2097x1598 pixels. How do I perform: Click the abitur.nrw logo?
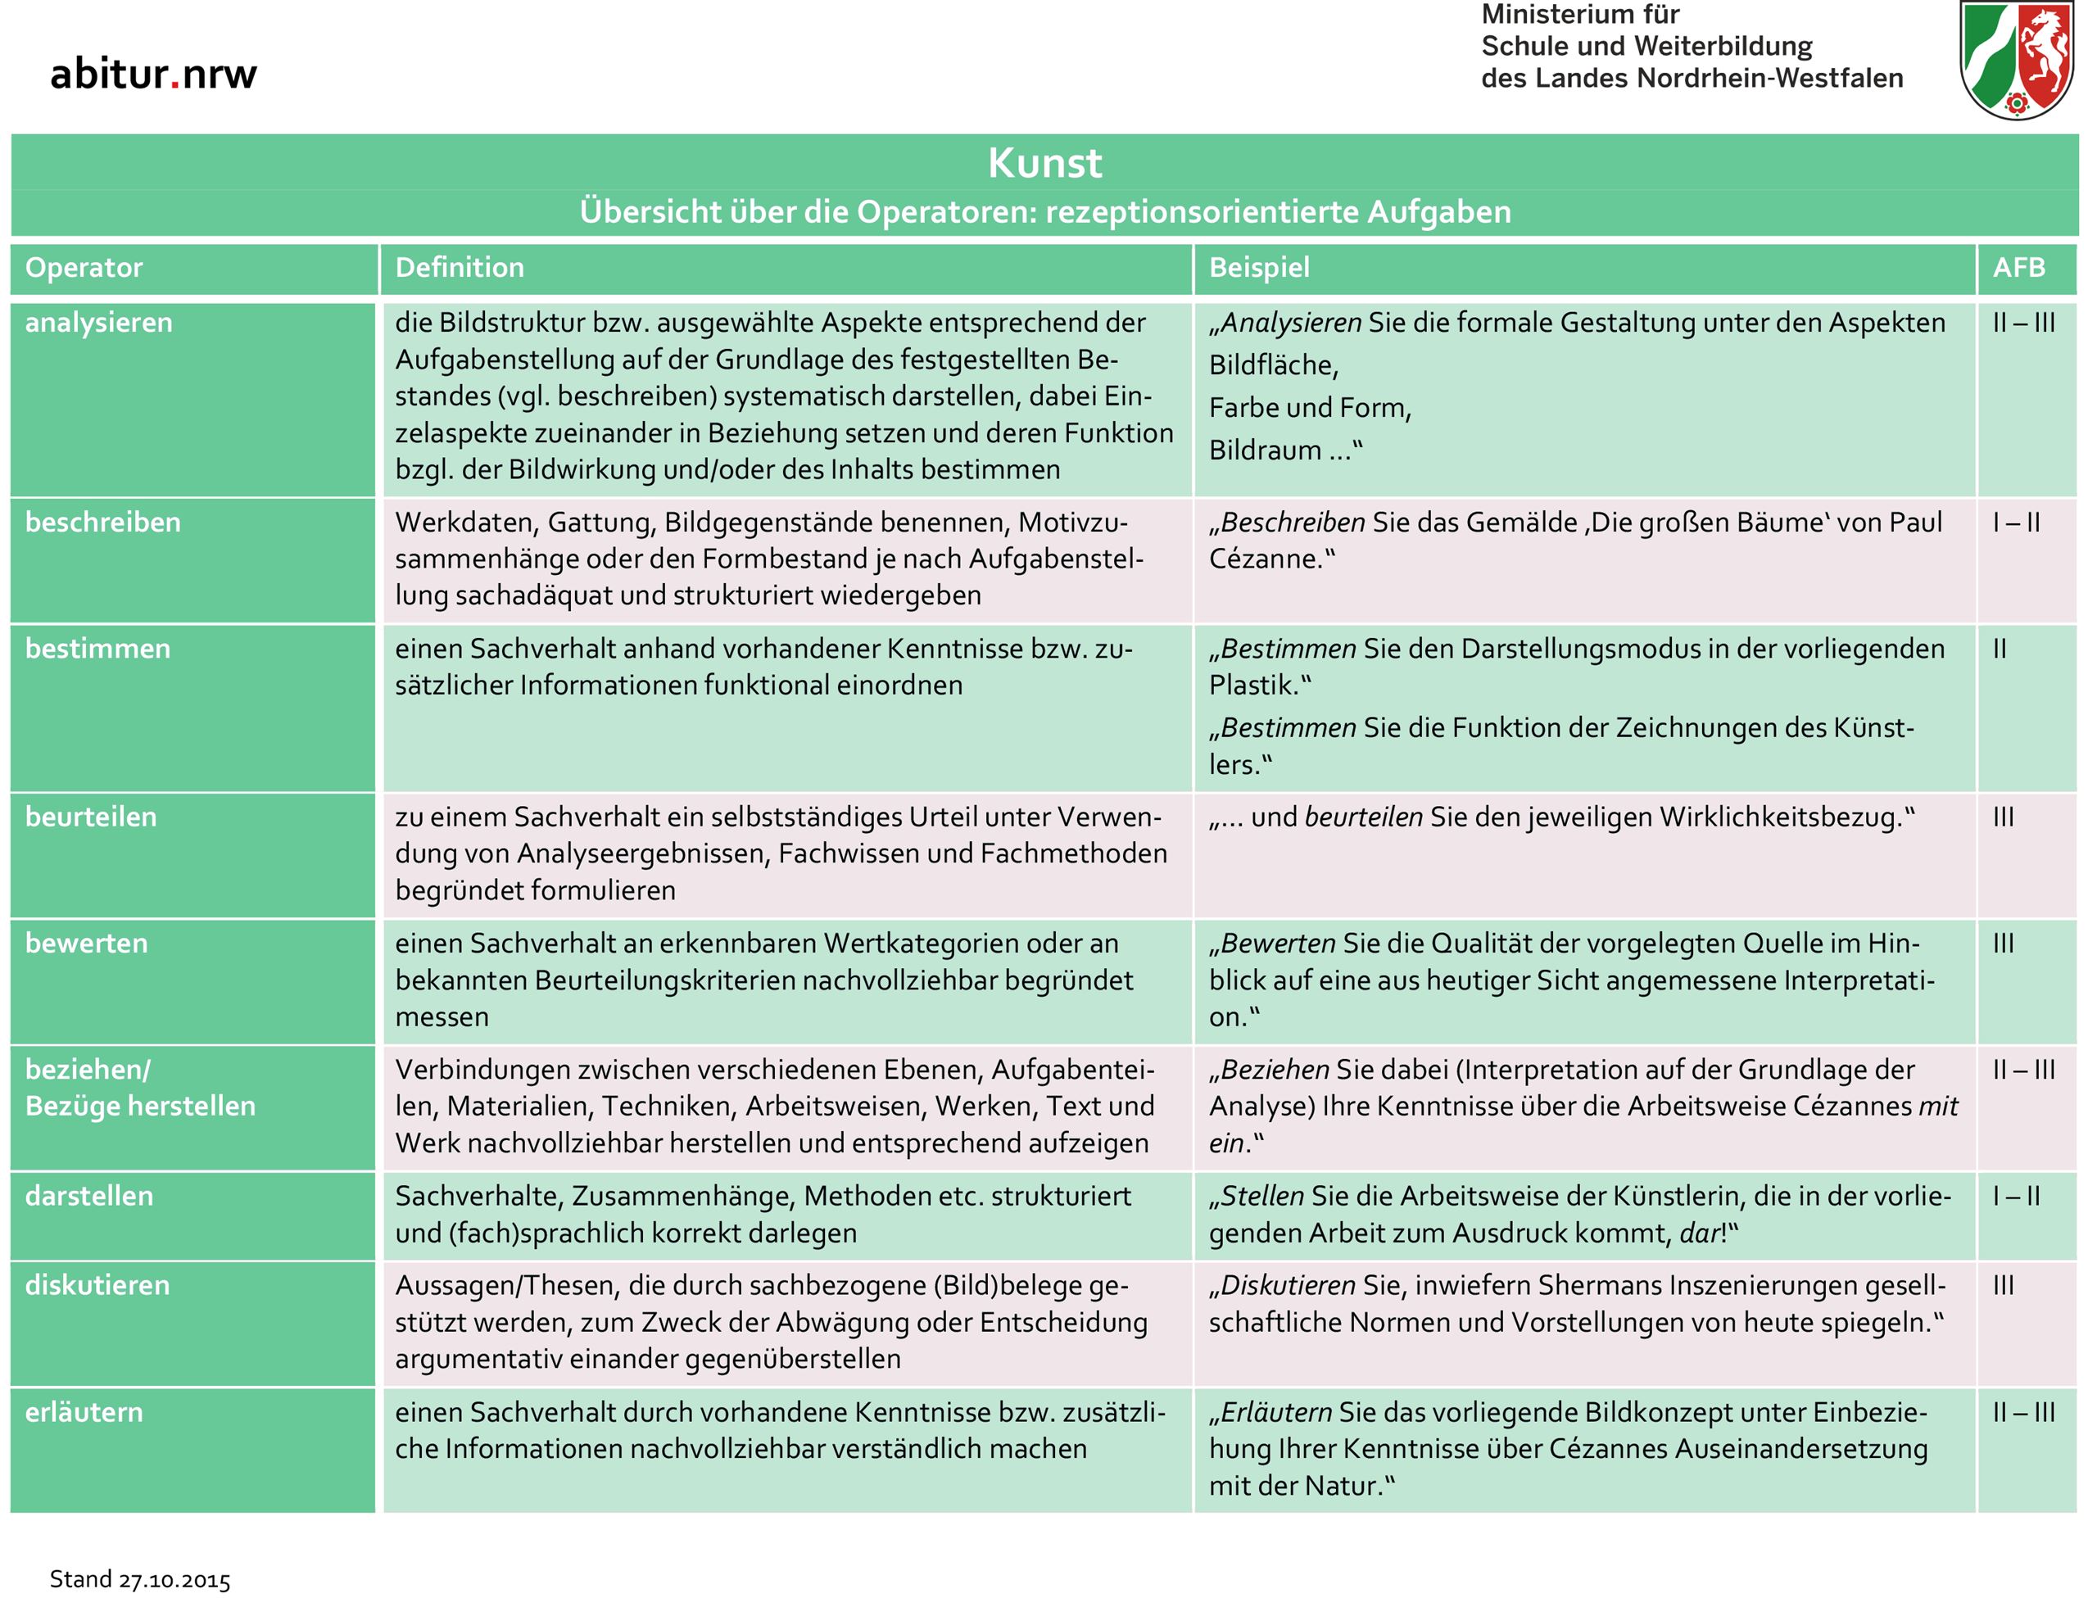click(x=153, y=73)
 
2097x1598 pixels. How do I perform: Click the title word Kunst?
click(x=1044, y=163)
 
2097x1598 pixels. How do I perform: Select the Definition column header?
click(x=460, y=267)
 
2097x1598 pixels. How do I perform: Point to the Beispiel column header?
click(x=1259, y=267)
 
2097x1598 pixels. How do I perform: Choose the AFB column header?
click(x=2018, y=267)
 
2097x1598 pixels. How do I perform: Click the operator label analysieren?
click(x=99, y=323)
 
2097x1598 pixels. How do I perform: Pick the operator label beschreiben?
click(x=102, y=523)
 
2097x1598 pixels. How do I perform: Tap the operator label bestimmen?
click(x=98, y=649)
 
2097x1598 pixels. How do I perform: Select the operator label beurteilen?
click(x=91, y=817)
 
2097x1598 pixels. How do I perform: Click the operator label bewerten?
click(x=87, y=944)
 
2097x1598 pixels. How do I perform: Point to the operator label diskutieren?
click(x=97, y=1285)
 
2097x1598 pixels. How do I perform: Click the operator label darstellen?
click(x=89, y=1196)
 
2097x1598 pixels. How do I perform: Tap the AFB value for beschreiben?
click(x=2016, y=523)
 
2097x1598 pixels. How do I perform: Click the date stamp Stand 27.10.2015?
click(x=140, y=1579)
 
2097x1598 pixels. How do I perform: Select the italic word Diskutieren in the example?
click(x=1288, y=1285)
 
